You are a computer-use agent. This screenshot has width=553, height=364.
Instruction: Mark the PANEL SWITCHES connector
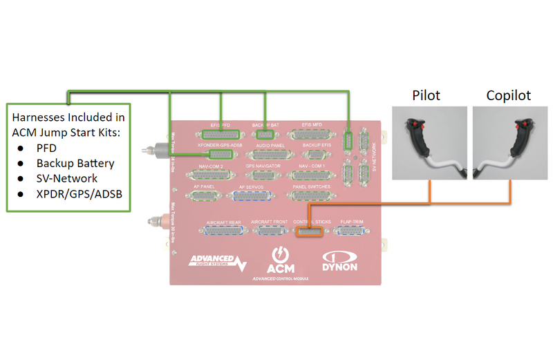tap(312, 196)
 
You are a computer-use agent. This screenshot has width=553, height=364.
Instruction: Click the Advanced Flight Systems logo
tap(216, 262)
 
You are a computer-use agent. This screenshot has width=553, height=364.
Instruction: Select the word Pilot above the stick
tap(427, 95)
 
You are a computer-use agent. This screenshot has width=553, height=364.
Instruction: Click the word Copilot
tap(509, 95)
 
